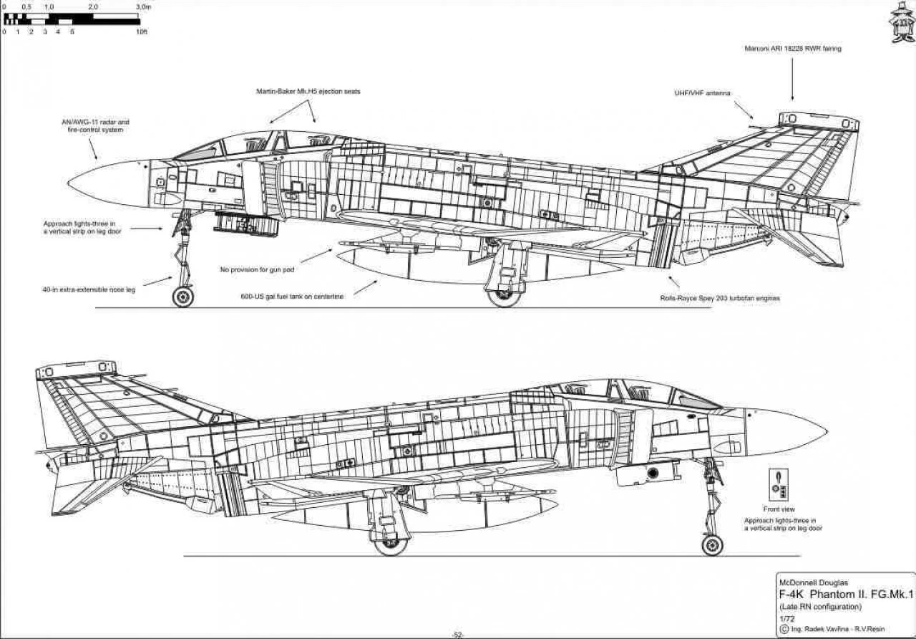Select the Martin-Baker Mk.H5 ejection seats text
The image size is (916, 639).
point(308,92)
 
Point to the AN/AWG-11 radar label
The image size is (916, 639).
point(95,126)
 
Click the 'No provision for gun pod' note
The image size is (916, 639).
point(257,270)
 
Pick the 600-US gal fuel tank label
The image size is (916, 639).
point(293,297)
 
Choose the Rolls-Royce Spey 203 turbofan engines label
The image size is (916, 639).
point(720,298)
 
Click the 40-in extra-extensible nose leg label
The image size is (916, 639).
point(89,290)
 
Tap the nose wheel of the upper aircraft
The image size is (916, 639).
point(183,296)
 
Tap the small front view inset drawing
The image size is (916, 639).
point(779,485)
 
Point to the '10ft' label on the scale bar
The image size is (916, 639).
point(141,32)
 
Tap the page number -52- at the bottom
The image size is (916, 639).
point(458,635)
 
